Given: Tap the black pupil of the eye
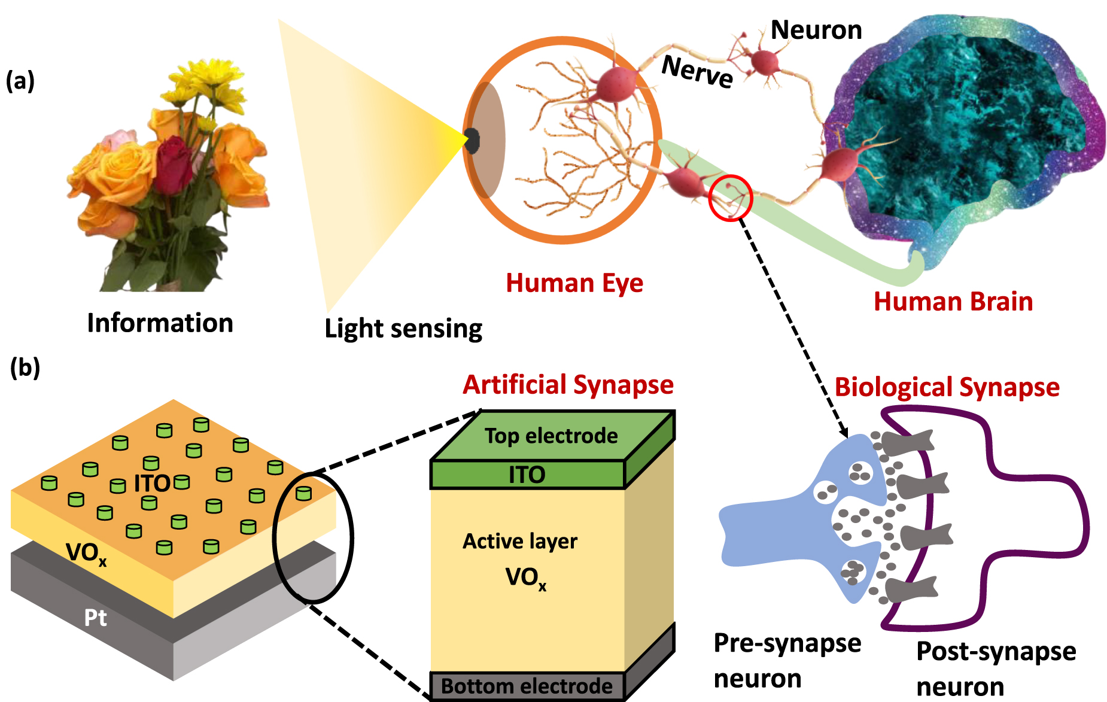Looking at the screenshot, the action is (472, 141).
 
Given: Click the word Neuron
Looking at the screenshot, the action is (816, 30).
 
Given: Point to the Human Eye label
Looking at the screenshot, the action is (574, 283).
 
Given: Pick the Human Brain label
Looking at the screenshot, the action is (953, 302).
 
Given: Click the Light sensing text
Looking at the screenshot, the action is (403, 329).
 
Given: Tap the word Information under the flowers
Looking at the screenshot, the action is (160, 323).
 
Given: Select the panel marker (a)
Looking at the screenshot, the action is (20, 80).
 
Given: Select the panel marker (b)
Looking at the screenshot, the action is (25, 367).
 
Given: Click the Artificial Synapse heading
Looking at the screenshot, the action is (568, 385).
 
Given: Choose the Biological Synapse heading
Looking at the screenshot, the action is (947, 387).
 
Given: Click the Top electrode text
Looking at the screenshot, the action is (551, 436).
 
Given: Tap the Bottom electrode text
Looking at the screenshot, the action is (527, 686).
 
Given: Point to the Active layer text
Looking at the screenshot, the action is (520, 542).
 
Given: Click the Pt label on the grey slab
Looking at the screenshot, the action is (96, 618).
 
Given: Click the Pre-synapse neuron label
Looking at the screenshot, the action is (787, 661).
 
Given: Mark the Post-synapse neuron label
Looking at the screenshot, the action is (996, 668).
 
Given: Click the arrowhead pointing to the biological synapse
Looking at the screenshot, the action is (844, 431).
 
